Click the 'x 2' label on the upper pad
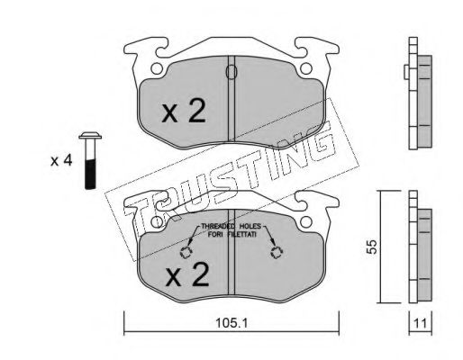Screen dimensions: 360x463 click(x=183, y=111)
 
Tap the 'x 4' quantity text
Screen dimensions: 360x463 click(x=60, y=161)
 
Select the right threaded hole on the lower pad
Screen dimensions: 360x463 click(x=277, y=253)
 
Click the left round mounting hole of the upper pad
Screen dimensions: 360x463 click(x=158, y=68)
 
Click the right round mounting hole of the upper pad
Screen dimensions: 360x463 click(x=309, y=68)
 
